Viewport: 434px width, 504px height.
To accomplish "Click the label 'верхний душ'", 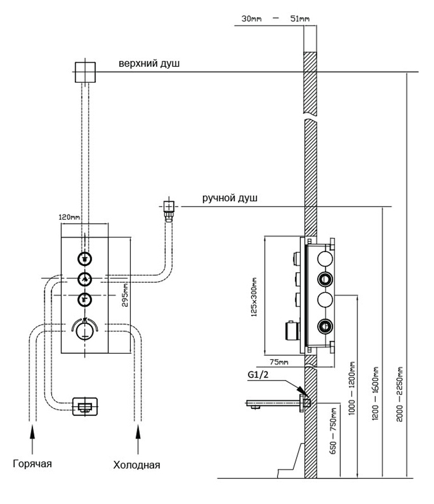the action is (x=149, y=64).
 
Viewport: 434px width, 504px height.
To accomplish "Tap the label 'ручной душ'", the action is (x=229, y=198).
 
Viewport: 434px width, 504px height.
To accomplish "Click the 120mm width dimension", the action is (x=69, y=217).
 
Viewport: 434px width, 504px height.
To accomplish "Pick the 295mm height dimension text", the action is (x=125, y=295).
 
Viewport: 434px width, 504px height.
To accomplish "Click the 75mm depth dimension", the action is (x=279, y=362).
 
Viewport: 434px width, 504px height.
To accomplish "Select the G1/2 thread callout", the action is (x=258, y=374).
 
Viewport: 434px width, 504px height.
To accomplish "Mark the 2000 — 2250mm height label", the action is (x=399, y=394).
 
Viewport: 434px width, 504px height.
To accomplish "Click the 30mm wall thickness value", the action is (x=251, y=19).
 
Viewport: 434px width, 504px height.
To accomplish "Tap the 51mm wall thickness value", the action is (x=300, y=19).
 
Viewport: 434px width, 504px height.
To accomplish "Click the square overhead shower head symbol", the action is (x=85, y=72).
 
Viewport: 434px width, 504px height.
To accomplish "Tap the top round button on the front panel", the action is (x=84, y=259).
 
